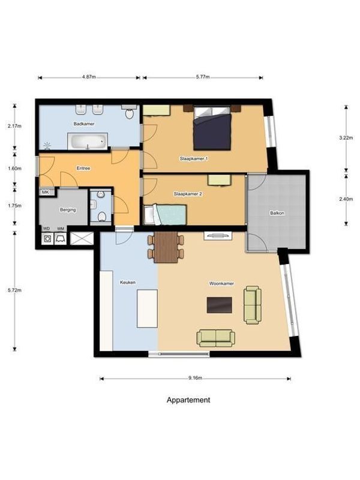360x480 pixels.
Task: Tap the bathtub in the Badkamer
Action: click(87, 142)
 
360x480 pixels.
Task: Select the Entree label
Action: click(83, 169)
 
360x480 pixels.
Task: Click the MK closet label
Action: click(46, 192)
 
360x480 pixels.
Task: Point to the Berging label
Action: click(67, 210)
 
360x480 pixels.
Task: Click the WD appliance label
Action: click(46, 229)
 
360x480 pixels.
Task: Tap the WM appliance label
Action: click(61, 229)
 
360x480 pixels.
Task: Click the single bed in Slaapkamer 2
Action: click(169, 214)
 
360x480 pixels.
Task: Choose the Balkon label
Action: click(277, 213)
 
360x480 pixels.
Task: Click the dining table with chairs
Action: click(166, 247)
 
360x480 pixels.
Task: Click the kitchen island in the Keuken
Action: click(147, 308)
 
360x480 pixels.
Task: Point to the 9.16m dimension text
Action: click(195, 379)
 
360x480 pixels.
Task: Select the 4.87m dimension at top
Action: click(89, 77)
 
